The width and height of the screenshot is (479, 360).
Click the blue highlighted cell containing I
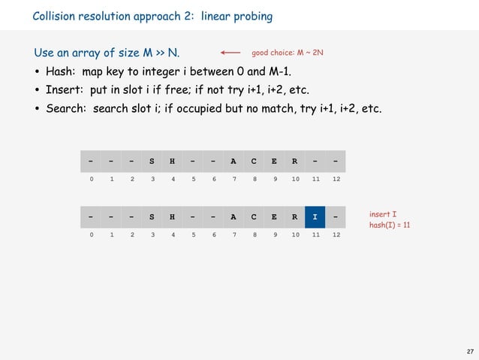click(x=315, y=217)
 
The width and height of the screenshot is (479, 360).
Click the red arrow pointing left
click(x=230, y=53)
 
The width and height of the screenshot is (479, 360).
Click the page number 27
click(x=469, y=351)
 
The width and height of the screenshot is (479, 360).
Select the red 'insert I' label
click(x=383, y=213)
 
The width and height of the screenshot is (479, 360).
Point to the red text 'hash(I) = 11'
click(x=390, y=225)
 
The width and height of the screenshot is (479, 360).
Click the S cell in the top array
click(x=152, y=161)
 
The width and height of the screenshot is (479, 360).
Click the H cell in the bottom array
click(x=173, y=217)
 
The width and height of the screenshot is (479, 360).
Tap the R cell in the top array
click(x=294, y=161)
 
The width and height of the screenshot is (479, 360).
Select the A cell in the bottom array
click(x=233, y=217)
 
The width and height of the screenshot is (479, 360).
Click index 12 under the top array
click(x=336, y=179)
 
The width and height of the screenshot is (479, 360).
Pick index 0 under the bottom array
click(x=91, y=235)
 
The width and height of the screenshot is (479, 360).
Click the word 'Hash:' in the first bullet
click(x=62, y=72)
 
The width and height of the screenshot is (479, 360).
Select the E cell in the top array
click(x=274, y=161)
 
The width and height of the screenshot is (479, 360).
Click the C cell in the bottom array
click(x=254, y=217)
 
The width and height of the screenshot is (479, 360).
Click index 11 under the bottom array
click(x=315, y=235)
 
